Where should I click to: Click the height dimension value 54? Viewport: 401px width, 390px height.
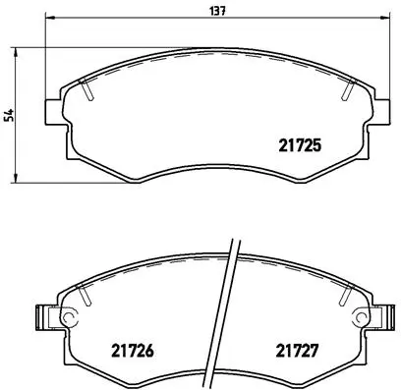[x=10, y=116]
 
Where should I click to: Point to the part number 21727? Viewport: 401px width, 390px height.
[x=295, y=348]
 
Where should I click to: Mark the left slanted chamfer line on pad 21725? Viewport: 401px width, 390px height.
[x=88, y=90]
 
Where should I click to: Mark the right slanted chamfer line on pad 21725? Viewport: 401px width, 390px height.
[x=348, y=90]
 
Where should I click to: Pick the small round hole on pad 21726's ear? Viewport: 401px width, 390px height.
[x=69, y=316]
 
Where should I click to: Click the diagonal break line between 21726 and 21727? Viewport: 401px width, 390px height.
[x=227, y=314]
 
